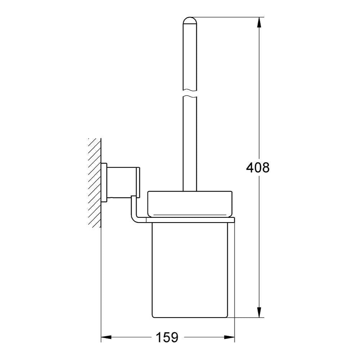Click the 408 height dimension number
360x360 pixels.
pyautogui.click(x=258, y=168)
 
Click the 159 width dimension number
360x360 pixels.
pyautogui.click(x=167, y=337)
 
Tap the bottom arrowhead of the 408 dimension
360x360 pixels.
pyautogui.click(x=259, y=312)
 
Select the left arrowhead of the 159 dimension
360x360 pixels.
pyautogui.click(x=106, y=337)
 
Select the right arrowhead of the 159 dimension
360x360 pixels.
pyautogui.click(x=229, y=337)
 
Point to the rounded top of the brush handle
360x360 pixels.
pyautogui.click(x=190, y=21)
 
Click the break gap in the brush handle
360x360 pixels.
pyautogui.click(x=190, y=93)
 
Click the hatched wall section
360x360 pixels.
pyautogui.click(x=95, y=183)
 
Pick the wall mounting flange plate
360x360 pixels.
pyautogui.click(x=104, y=183)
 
